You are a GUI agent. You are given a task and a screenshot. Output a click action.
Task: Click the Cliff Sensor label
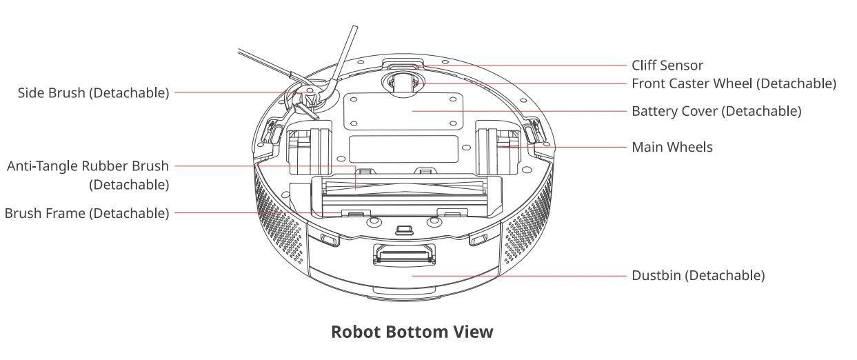[667, 66]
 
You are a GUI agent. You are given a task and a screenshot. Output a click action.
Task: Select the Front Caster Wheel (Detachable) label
[734, 84]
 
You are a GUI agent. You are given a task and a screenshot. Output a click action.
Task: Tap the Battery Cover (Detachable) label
[716, 111]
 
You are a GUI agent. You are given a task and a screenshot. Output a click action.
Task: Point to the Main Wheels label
[672, 147]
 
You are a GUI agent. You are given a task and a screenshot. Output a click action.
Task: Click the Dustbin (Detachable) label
[698, 276]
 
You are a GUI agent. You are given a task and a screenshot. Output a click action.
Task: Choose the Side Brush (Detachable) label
[93, 93]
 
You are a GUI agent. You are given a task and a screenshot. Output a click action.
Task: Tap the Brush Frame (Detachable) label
[87, 213]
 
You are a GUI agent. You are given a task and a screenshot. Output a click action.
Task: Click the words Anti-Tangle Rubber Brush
[88, 166]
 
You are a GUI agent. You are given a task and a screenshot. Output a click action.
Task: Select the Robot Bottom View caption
[412, 332]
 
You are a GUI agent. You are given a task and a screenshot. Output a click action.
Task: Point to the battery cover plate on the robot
[403, 110]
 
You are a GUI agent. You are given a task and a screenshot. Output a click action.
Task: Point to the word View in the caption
[474, 332]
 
